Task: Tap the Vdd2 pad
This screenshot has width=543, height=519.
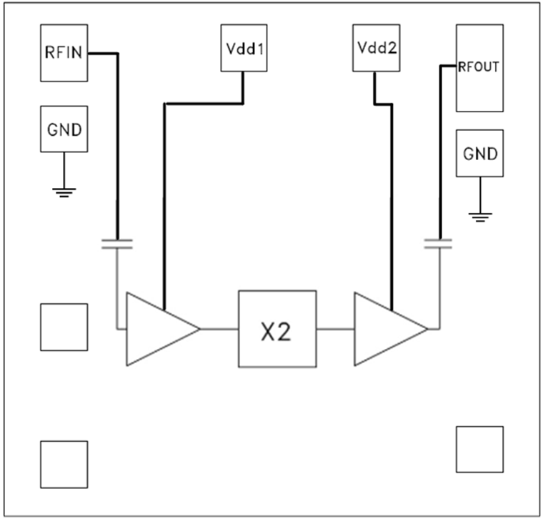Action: click(377, 48)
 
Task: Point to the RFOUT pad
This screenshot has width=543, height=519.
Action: click(479, 69)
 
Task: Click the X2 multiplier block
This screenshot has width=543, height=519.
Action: click(277, 329)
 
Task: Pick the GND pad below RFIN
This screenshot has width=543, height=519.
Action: click(64, 129)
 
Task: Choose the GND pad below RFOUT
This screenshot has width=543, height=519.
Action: click(479, 152)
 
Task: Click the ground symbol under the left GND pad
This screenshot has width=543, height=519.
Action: click(64, 190)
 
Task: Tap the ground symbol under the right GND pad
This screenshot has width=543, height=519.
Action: click(480, 215)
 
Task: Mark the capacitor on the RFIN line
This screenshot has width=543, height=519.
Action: click(116, 244)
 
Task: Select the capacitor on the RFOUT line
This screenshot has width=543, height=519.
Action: click(439, 244)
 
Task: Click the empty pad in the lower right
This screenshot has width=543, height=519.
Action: click(479, 449)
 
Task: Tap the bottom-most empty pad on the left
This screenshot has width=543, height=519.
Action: click(64, 464)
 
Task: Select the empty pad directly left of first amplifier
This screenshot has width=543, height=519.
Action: click(64, 327)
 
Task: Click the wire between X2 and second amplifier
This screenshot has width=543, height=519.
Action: click(335, 329)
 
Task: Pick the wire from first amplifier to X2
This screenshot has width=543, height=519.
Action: click(219, 329)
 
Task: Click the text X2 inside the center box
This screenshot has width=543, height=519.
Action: click(276, 332)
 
